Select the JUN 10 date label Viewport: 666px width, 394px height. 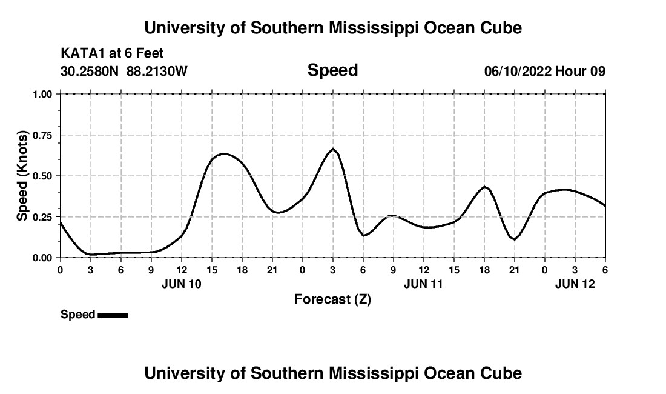click(182, 284)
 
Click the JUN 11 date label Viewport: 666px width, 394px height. click(424, 284)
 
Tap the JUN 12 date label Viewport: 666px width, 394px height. click(575, 284)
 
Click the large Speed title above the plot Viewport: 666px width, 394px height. click(332, 70)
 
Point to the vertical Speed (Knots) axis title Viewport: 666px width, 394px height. click(22, 176)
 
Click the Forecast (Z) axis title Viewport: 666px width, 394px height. click(332, 299)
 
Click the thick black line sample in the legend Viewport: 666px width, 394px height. click(113, 315)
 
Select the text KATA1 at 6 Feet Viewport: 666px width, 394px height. click(112, 54)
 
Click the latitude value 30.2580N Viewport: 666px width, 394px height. click(90, 72)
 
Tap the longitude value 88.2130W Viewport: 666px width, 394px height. click(157, 72)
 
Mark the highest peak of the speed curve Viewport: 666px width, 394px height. click(333, 149)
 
